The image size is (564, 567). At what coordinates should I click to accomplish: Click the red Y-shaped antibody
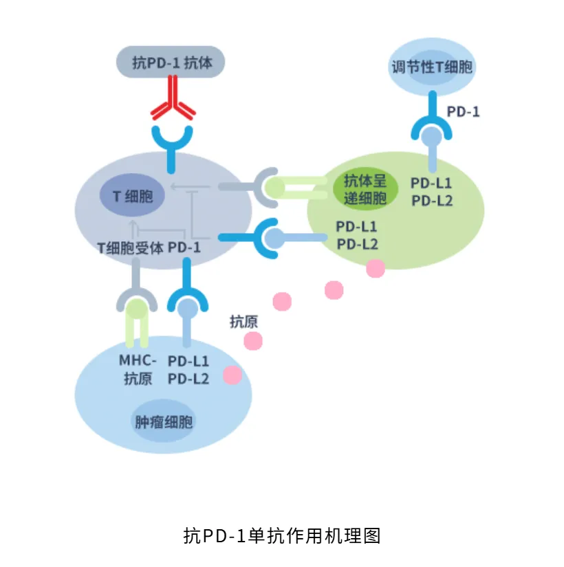[x=173, y=100]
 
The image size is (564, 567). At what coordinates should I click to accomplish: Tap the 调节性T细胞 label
[x=432, y=67]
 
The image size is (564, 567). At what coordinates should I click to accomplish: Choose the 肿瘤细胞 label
[x=163, y=421]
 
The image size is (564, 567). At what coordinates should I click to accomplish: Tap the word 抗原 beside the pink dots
[x=243, y=321]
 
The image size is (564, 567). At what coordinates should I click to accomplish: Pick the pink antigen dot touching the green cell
[x=376, y=268]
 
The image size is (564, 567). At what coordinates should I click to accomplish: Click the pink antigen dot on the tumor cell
[x=232, y=375]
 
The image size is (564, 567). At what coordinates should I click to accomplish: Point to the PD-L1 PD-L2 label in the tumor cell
[x=188, y=369]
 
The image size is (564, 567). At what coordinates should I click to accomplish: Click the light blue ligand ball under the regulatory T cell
[x=432, y=136]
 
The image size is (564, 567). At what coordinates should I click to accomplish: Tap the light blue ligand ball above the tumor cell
[x=187, y=309]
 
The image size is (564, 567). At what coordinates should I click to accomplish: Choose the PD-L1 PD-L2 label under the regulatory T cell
[x=431, y=192]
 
